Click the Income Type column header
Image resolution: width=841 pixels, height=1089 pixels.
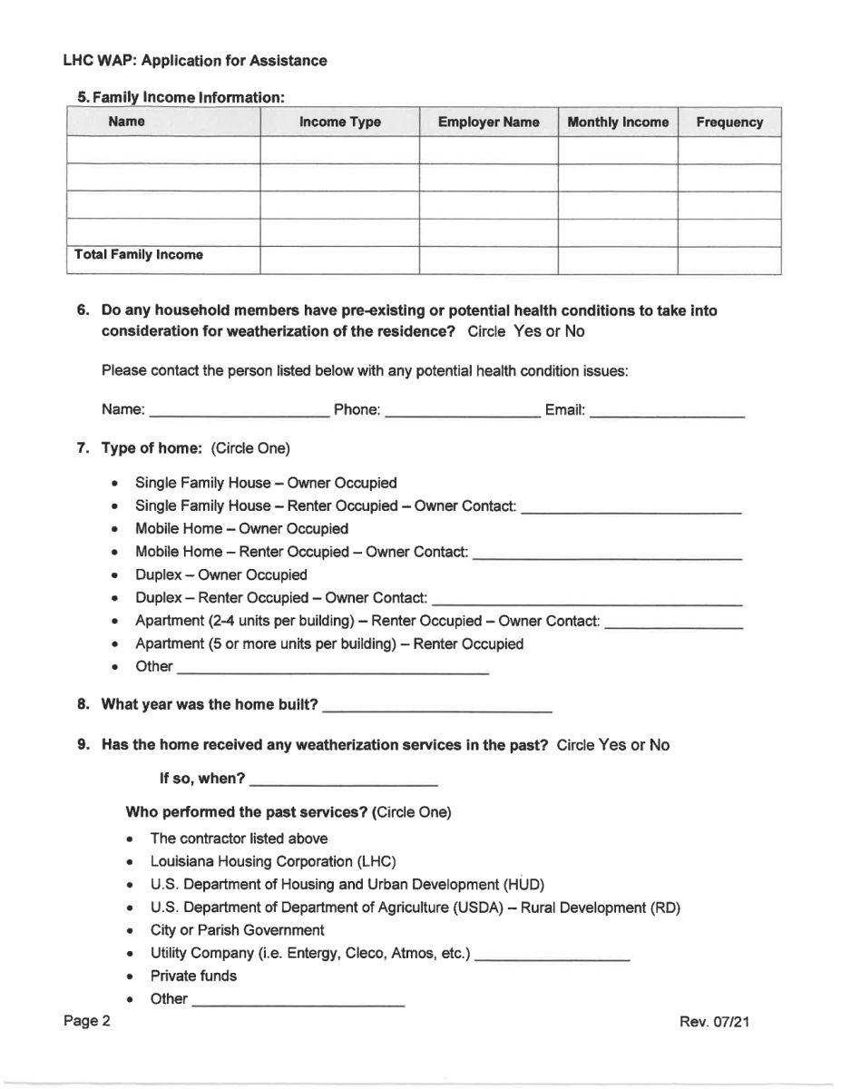[339, 122]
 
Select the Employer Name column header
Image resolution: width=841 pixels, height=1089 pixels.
[488, 122]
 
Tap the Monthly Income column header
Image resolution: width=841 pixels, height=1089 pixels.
[617, 122]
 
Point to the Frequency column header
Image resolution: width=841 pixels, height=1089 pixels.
[729, 122]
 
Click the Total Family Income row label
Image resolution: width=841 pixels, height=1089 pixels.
[136, 255]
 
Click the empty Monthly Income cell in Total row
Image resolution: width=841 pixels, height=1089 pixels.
[617, 260]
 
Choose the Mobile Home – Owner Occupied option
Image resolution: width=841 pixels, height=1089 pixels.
[241, 528]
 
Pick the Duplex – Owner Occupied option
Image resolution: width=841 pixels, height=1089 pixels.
[220, 574]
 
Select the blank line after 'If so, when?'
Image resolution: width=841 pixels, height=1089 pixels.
[343, 780]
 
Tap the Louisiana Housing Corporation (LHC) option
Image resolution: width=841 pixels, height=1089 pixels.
[273, 861]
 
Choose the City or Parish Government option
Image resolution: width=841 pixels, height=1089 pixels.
[237, 930]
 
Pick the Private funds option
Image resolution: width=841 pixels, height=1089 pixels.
[193, 976]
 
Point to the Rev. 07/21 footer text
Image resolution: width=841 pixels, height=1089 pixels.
[714, 1022]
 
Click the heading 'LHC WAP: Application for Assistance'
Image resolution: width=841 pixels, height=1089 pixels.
[195, 61]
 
